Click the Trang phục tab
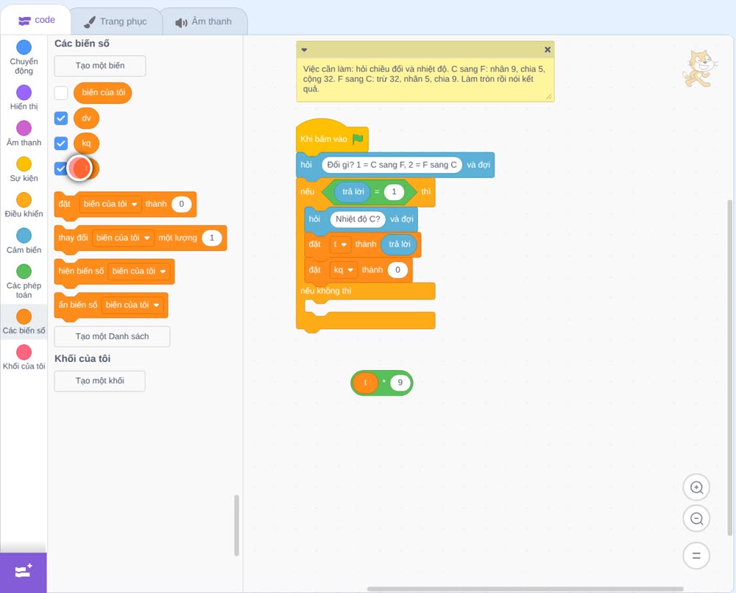pos(116,21)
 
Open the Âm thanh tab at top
pos(204,21)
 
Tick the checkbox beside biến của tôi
pos(61,93)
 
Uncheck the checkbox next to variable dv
pos(61,118)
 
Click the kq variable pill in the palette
pos(86,143)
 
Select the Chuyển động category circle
pos(24,47)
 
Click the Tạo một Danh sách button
pos(112,336)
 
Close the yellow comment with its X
pos(548,50)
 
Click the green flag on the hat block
pos(358,139)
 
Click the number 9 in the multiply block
pos(400,383)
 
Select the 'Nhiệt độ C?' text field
pos(358,219)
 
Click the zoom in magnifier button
pos(696,488)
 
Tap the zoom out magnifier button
pos(696,519)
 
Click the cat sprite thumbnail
pos(699,69)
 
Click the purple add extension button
pos(24,572)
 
